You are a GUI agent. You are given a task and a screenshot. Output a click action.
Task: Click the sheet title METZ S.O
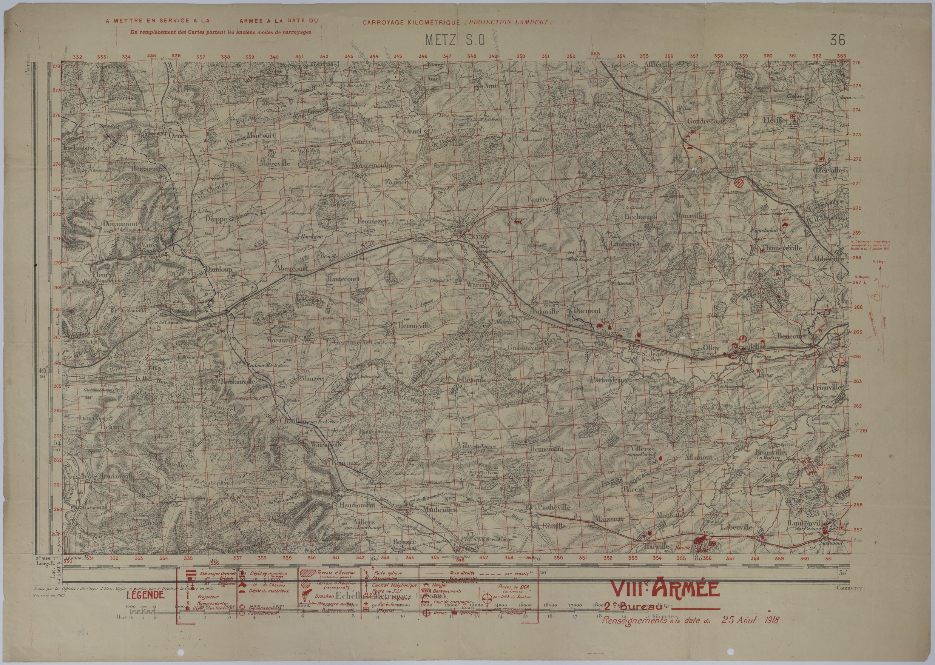pyautogui.click(x=455, y=40)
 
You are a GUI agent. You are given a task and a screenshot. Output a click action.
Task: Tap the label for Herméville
pyautogui.click(x=414, y=326)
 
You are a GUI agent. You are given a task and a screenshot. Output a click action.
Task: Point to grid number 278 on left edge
pyautogui.click(x=56, y=66)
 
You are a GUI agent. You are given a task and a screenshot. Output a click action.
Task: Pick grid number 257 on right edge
pyautogui.click(x=854, y=530)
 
